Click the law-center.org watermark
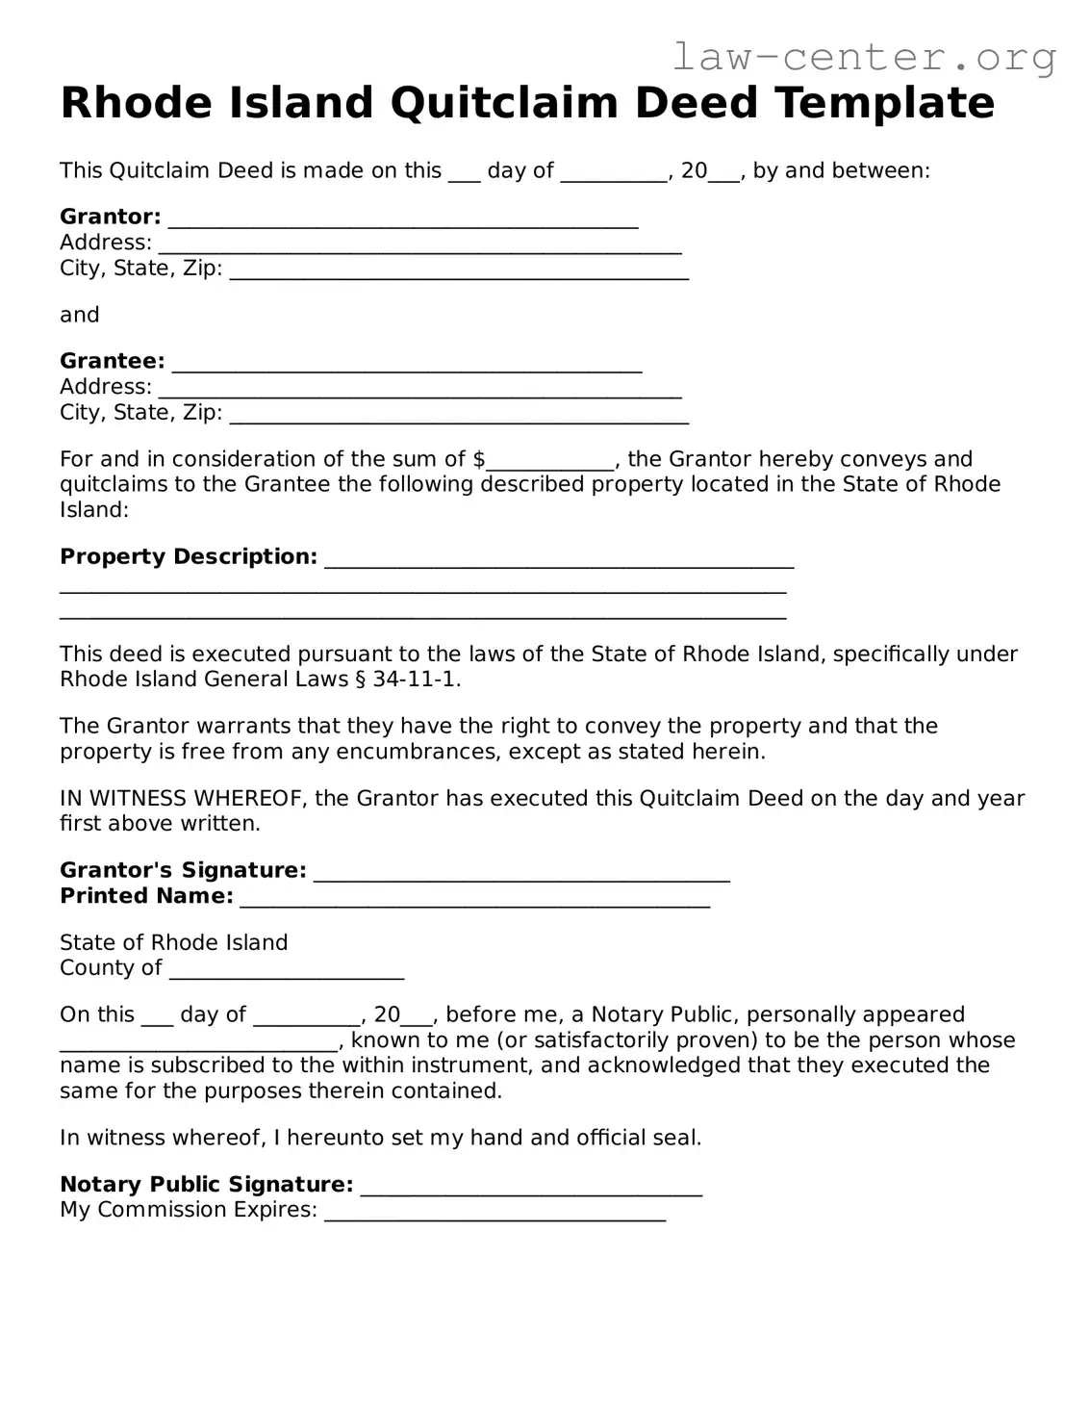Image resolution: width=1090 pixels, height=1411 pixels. click(x=863, y=58)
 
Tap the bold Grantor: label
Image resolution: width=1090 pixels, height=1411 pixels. click(x=110, y=217)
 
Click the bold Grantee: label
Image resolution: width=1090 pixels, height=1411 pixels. click(x=112, y=361)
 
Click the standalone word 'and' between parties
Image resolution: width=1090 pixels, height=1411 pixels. click(x=79, y=315)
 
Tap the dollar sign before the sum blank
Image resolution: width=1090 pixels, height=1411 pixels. click(x=478, y=459)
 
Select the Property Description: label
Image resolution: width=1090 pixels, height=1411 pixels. click(x=188, y=556)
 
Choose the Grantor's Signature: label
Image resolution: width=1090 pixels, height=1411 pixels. click(x=183, y=870)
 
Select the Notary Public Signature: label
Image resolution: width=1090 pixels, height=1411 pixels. click(x=206, y=1184)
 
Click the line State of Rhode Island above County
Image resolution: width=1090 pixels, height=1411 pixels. click(x=173, y=942)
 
